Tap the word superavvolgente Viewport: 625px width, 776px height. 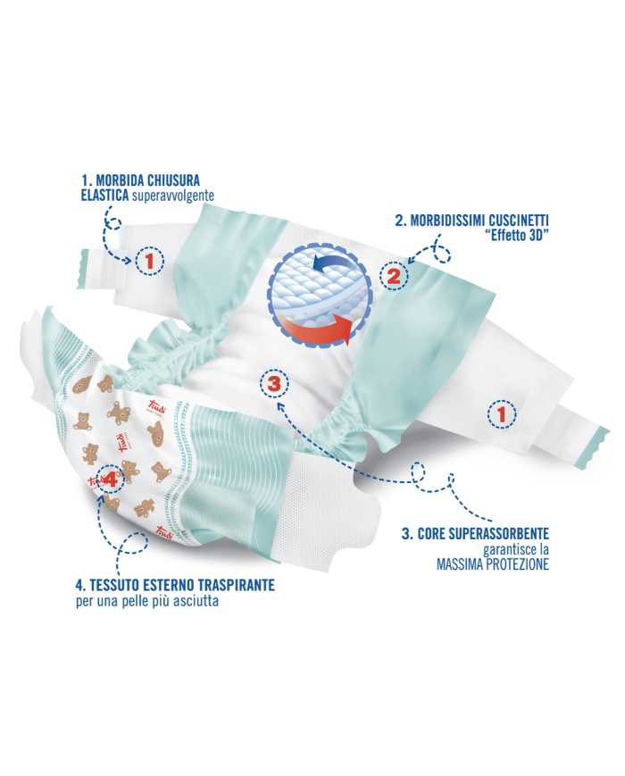pos(171,195)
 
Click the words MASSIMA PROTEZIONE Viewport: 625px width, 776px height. pos(492,564)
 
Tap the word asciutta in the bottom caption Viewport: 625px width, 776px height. pos(196,601)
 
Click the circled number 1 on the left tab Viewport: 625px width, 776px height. pos(149,261)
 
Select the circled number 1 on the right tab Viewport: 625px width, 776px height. pos(502,414)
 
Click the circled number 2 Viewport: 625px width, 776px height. pos(394,275)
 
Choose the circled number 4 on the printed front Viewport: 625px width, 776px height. pos(111,479)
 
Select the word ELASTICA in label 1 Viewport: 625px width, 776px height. pos(104,195)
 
